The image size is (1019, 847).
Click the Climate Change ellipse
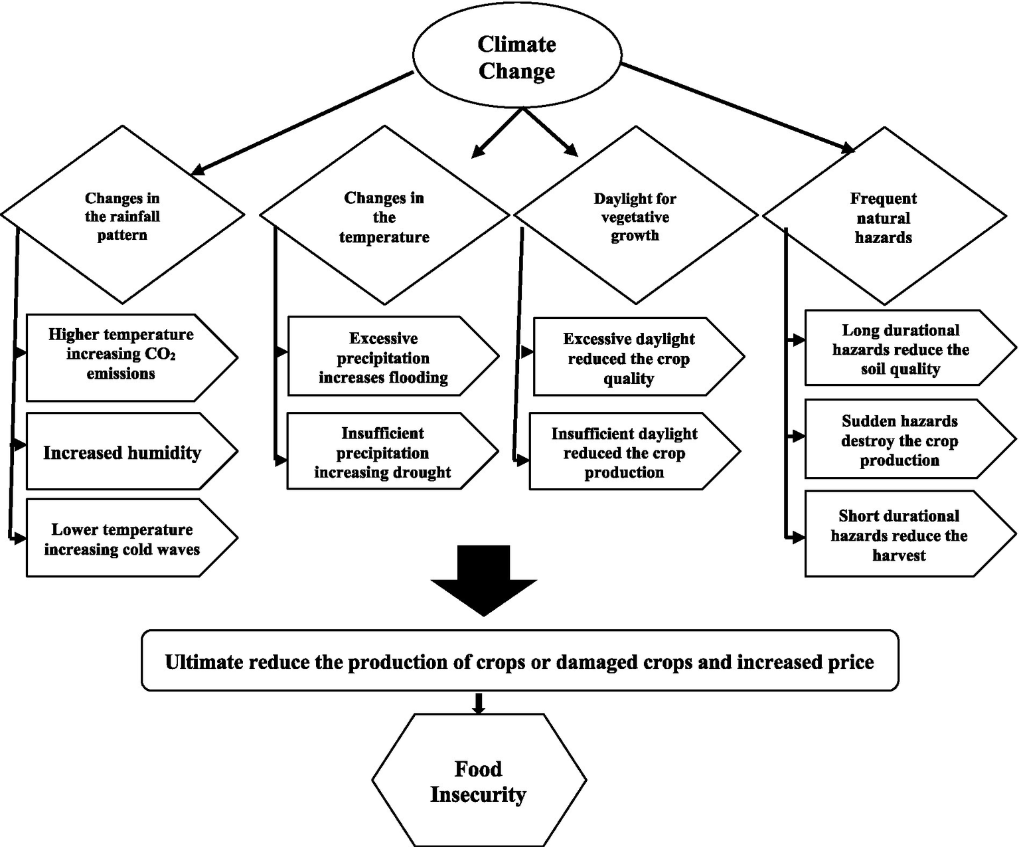[x=516, y=57]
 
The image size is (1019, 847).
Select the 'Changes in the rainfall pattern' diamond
[x=122, y=216]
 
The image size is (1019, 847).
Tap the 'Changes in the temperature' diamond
[x=384, y=217]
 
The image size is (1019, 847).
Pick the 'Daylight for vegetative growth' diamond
[x=635, y=217]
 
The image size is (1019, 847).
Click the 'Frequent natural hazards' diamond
[x=884, y=217]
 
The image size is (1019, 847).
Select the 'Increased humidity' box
[x=122, y=452]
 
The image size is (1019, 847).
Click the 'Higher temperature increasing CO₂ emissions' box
[x=121, y=355]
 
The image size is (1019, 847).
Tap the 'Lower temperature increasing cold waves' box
[x=122, y=539]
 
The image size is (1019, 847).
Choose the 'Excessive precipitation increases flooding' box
[x=383, y=358]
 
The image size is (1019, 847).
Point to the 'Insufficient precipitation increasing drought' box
[x=382, y=452]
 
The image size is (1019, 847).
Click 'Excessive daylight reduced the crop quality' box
[x=629, y=358]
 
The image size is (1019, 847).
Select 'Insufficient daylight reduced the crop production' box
[x=624, y=452]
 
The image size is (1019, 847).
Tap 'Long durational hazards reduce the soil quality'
[x=900, y=349]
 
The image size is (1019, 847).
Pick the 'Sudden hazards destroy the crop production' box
[x=900, y=440]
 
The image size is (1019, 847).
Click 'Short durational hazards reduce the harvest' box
[x=899, y=535]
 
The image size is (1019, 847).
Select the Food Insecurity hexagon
[x=478, y=781]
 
